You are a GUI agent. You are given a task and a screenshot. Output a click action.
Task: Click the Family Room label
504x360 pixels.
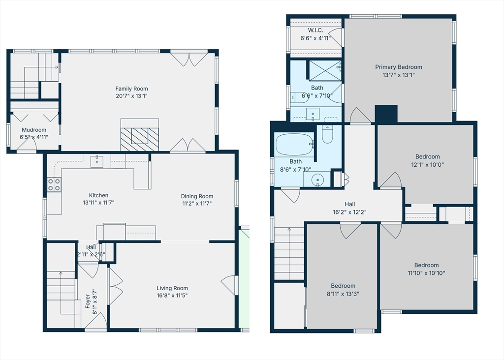pyautogui.click(x=131, y=89)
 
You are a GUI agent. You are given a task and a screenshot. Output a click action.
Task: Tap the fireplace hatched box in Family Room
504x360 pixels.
pyautogui.click(x=139, y=139)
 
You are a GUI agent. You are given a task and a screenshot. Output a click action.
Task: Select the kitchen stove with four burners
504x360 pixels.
pyautogui.click(x=54, y=184)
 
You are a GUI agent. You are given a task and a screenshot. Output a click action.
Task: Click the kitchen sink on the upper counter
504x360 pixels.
pyautogui.click(x=97, y=161)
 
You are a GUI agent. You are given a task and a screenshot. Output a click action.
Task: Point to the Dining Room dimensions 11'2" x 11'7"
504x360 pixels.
pyautogui.click(x=197, y=203)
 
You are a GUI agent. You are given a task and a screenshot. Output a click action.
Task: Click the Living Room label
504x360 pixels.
pyautogui.click(x=172, y=288)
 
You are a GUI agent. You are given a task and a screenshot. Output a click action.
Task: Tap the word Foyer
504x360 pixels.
pyautogui.click(x=88, y=301)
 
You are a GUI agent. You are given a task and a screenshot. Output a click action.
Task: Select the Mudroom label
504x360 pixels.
pyautogui.click(x=34, y=130)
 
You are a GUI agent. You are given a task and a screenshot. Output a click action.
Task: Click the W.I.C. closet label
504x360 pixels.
pyautogui.click(x=315, y=30)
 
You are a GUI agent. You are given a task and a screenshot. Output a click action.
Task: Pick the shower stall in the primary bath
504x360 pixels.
pyautogui.click(x=325, y=70)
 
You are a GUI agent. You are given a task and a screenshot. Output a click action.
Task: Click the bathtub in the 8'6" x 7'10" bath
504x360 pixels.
pyautogui.click(x=294, y=145)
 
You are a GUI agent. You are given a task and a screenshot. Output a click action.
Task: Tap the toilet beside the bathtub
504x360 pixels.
pyautogui.click(x=327, y=134)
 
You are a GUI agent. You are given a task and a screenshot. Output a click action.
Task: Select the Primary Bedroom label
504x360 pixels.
pyautogui.click(x=399, y=67)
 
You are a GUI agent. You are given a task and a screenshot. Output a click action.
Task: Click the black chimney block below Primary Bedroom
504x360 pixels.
pyautogui.click(x=386, y=114)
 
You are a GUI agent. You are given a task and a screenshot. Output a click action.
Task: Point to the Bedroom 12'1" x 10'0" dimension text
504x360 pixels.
pyautogui.click(x=428, y=164)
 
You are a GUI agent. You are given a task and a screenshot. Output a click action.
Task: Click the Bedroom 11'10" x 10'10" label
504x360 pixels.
pyautogui.click(x=427, y=269)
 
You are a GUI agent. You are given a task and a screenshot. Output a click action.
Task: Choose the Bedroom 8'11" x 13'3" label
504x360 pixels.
pyautogui.click(x=343, y=289)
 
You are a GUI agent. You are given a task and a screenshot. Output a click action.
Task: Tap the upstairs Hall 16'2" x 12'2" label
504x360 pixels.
pyautogui.click(x=350, y=208)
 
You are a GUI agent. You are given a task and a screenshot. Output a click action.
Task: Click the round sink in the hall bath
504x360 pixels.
pyautogui.click(x=317, y=179)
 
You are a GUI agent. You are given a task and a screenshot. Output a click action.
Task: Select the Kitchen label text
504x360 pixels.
pyautogui.click(x=98, y=195)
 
